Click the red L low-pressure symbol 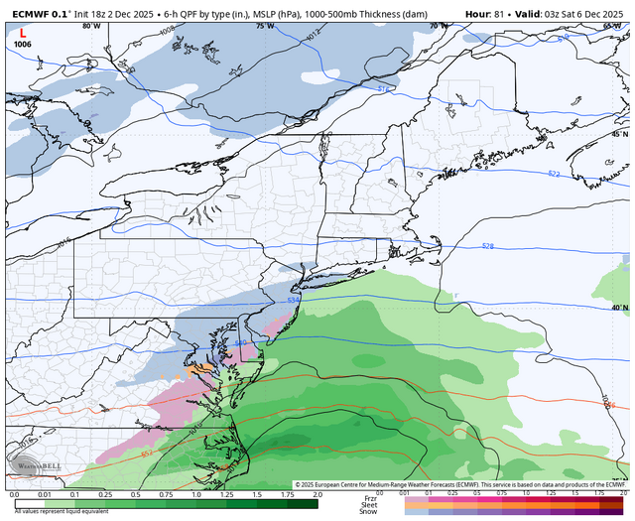click(22, 32)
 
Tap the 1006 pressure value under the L click(23, 45)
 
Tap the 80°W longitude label click(91, 26)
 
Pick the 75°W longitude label click(264, 26)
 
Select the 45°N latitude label click(619, 134)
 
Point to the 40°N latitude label click(619, 308)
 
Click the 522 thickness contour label click(553, 175)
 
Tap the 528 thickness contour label click(487, 246)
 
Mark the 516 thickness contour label click(383, 89)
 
